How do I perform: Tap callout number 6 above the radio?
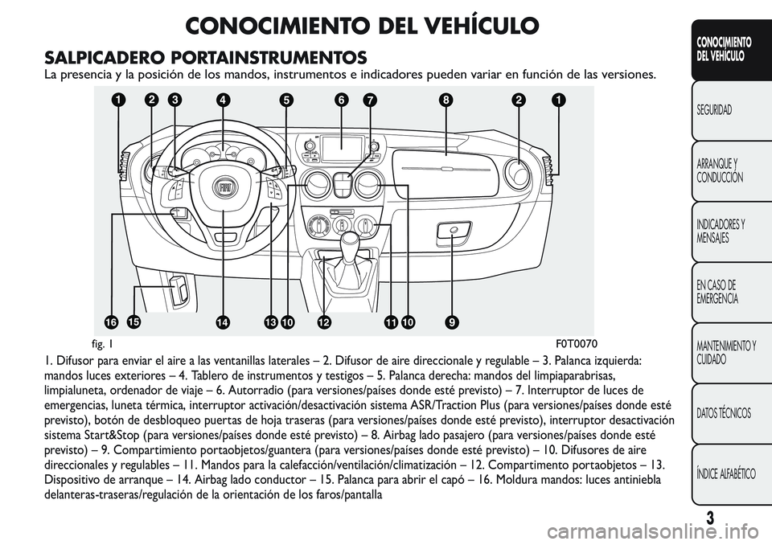341,100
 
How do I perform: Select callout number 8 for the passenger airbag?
444,100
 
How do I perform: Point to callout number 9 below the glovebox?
453,322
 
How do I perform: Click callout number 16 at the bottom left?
110,322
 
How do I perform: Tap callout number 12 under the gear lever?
323,322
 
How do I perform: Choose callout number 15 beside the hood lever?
133,321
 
